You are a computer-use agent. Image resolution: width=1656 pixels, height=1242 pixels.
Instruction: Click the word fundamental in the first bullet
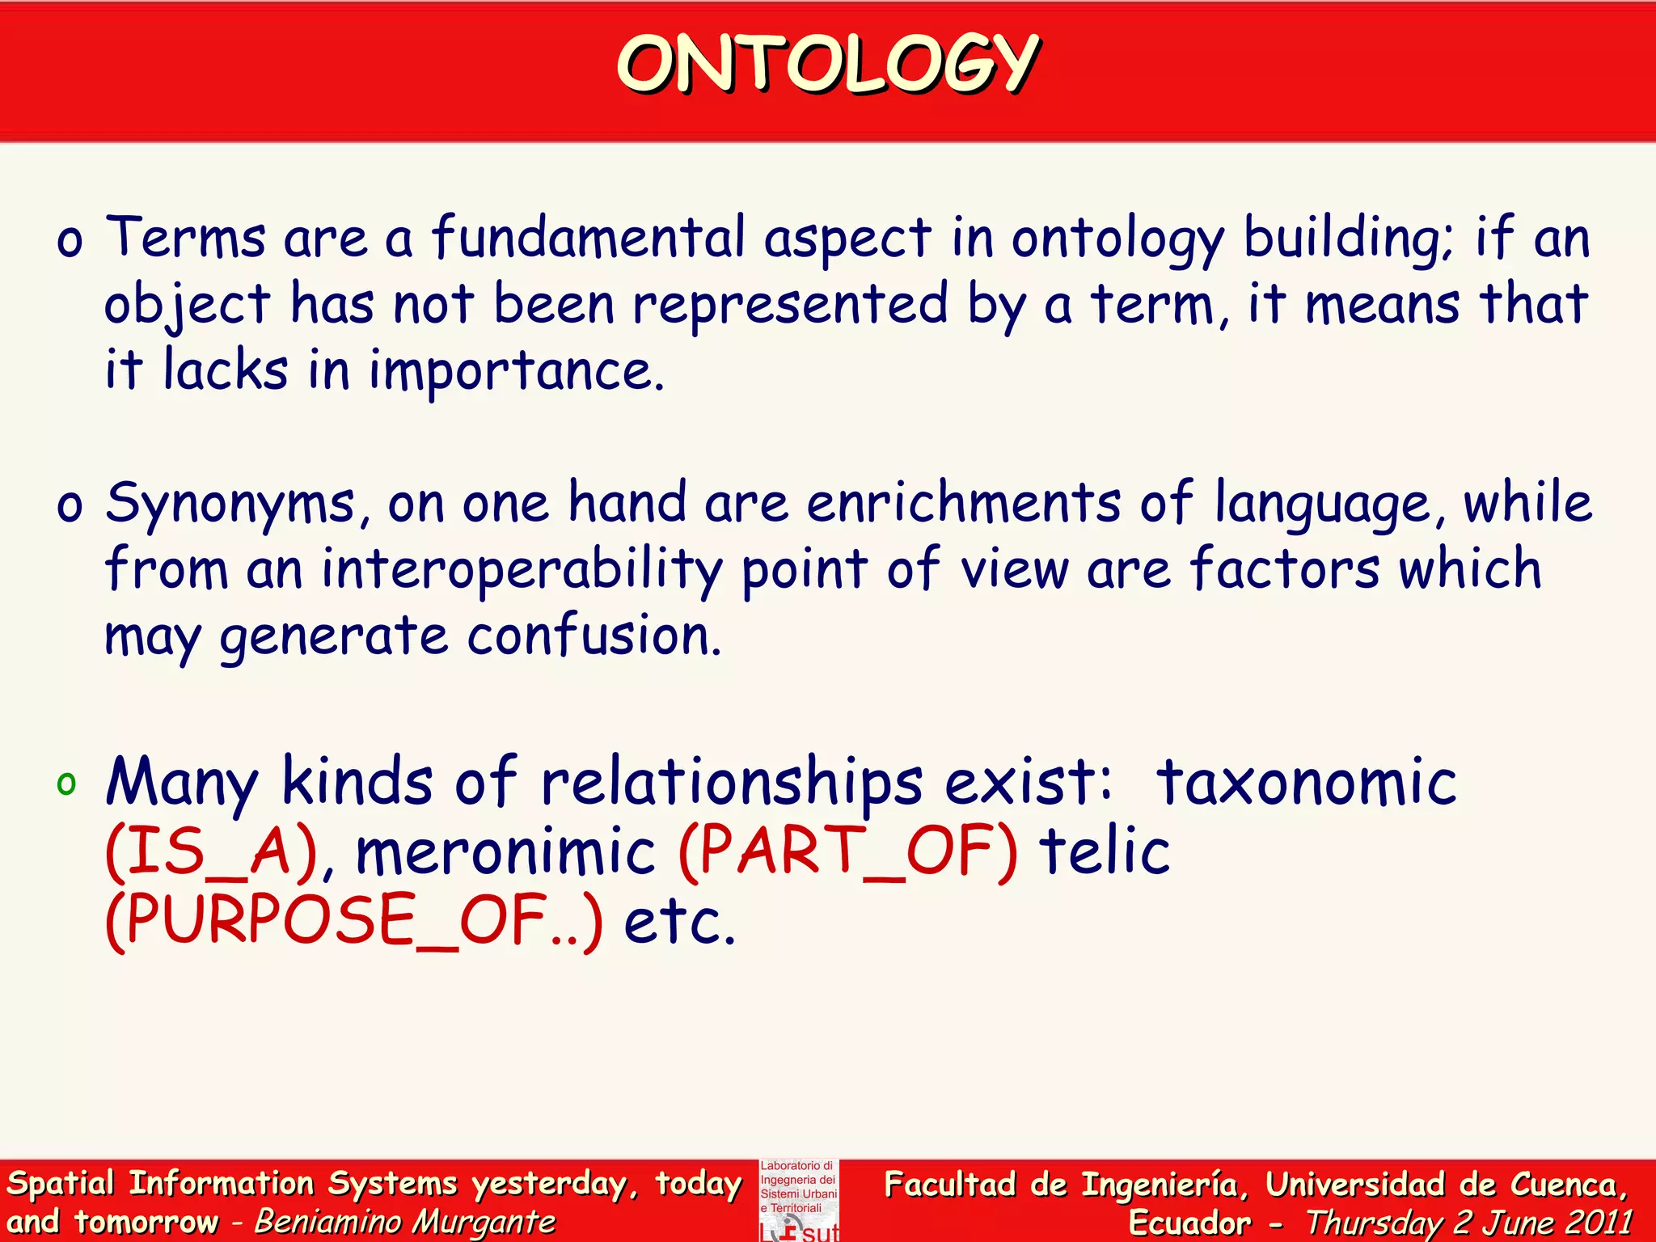click(588, 239)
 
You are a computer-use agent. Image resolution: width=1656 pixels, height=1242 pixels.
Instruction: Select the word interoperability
click(522, 570)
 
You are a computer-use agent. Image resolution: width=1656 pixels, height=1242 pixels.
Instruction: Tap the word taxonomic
click(1306, 782)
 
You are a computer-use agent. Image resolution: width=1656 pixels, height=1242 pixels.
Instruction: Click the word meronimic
click(505, 851)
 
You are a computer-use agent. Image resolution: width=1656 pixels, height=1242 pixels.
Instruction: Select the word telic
click(1105, 851)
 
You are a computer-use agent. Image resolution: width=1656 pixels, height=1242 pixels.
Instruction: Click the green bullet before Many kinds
click(66, 783)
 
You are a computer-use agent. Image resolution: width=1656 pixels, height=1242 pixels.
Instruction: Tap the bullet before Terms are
click(70, 241)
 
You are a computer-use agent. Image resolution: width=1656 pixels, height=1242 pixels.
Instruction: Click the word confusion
click(594, 636)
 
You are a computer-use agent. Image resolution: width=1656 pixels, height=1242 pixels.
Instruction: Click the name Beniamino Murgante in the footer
click(405, 1222)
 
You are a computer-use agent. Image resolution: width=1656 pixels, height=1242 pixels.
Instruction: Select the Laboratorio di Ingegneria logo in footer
click(799, 1200)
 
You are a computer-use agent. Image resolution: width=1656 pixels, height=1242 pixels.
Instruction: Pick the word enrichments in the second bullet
click(964, 503)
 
